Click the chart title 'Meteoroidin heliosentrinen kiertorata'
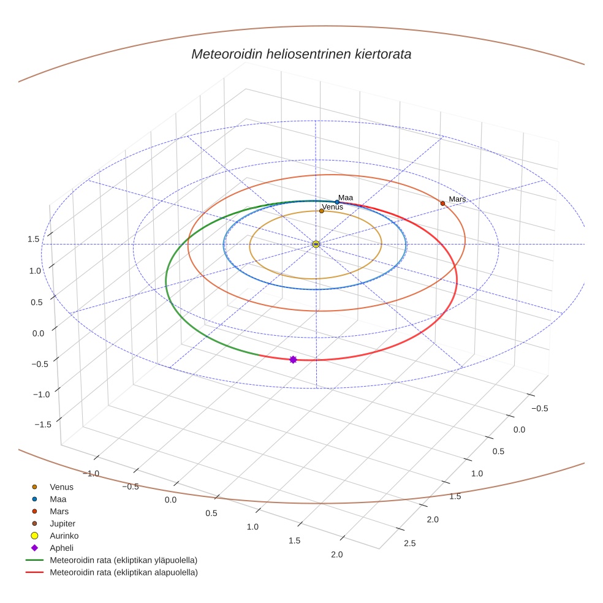click(x=301, y=54)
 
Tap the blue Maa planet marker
click(x=337, y=202)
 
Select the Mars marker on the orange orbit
click(x=442, y=203)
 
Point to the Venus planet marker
click(x=322, y=211)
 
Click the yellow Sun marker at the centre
click(x=316, y=244)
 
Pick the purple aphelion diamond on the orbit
click(x=293, y=359)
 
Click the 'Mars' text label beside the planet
click(x=457, y=199)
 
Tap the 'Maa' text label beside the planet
click(x=346, y=198)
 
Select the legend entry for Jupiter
click(x=62, y=524)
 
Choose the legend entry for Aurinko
click(x=64, y=536)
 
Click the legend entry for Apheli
click(x=61, y=548)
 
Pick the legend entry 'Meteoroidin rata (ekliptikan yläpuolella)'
click(x=123, y=560)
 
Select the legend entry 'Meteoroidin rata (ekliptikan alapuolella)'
click(x=123, y=572)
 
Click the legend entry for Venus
click(x=61, y=487)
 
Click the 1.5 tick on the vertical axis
click(x=34, y=239)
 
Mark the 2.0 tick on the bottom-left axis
click(x=336, y=555)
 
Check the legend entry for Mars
click(x=59, y=511)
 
